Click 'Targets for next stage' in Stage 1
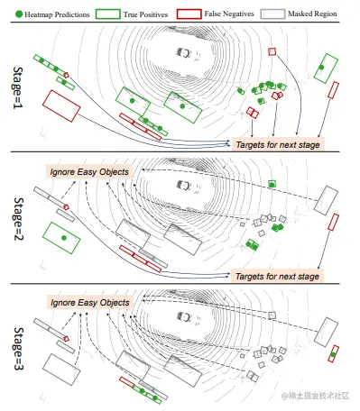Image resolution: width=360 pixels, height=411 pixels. point(277,145)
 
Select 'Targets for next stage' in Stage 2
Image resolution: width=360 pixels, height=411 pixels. point(277,275)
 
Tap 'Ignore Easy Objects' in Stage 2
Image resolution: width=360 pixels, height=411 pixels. point(89,171)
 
